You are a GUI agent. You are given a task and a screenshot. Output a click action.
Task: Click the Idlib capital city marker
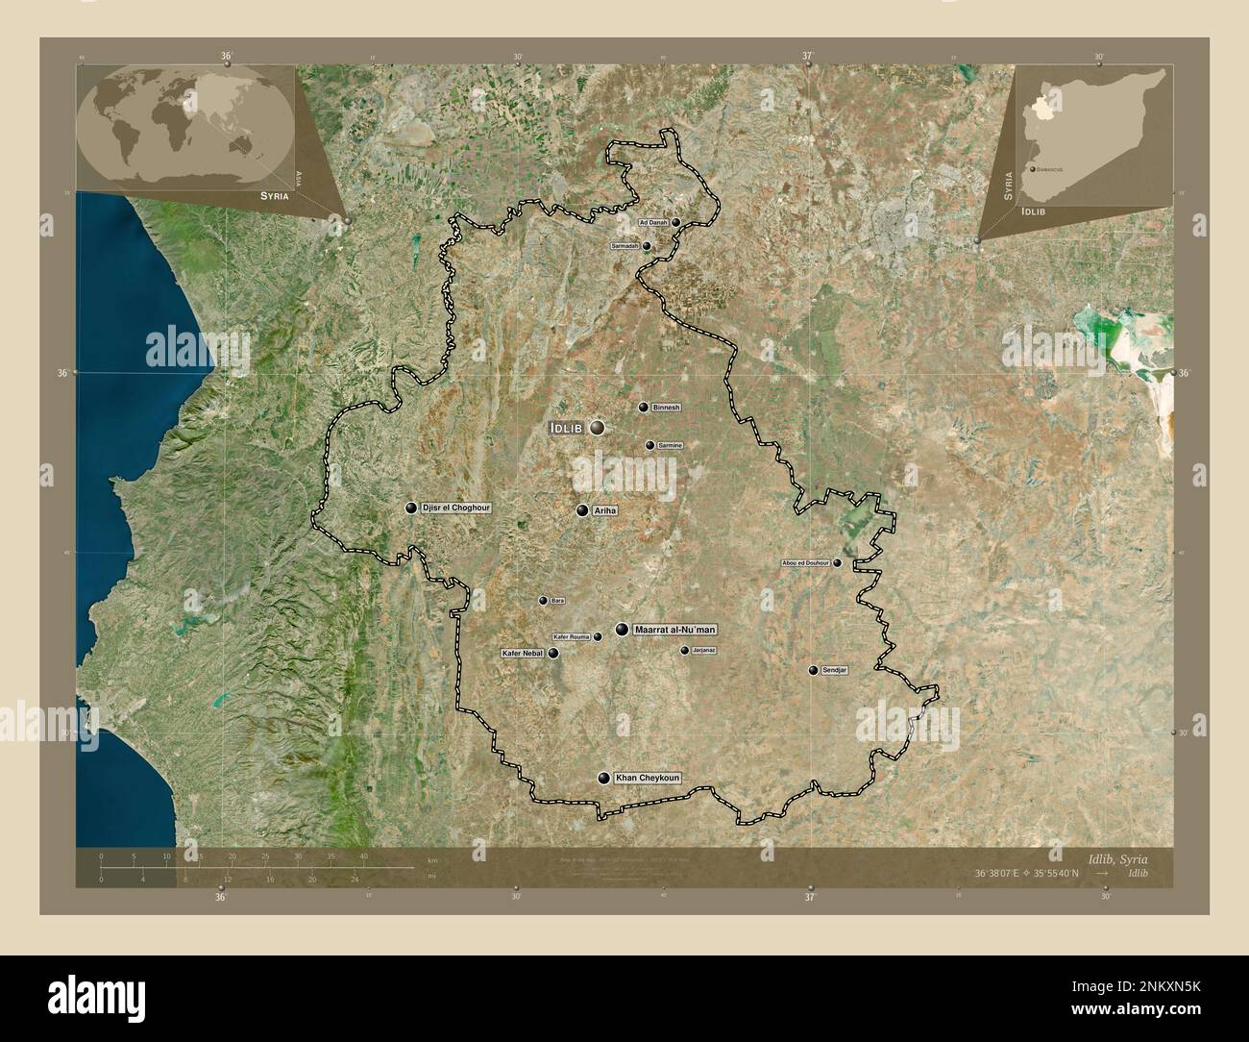[598, 428]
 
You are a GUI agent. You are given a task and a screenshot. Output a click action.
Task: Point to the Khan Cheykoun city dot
[603, 778]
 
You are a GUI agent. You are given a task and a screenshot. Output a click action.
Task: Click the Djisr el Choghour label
[456, 508]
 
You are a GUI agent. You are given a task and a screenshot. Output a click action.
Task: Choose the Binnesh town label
[666, 408]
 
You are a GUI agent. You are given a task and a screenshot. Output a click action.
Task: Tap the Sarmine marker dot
[650, 445]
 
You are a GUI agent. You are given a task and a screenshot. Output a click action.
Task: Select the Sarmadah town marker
[647, 246]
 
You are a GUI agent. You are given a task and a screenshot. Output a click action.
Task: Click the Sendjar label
[836, 670]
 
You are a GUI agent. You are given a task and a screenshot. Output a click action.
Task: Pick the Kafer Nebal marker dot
[553, 653]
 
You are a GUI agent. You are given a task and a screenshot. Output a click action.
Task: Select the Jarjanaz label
[704, 651]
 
